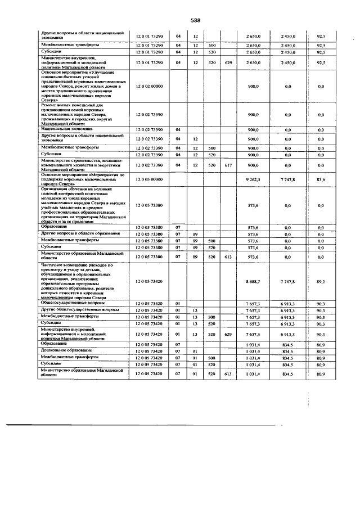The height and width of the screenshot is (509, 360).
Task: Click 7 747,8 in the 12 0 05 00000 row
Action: (287, 179)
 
